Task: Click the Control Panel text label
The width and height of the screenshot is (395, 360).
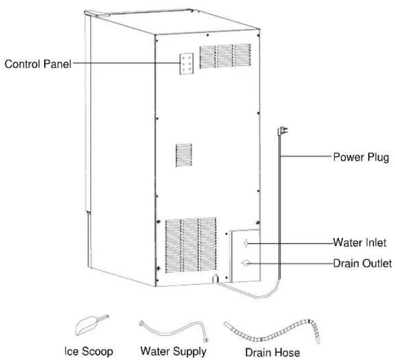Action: pos(38,64)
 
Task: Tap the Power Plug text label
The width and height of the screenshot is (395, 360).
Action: pos(361,157)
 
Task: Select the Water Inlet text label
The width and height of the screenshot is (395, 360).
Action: pos(359,242)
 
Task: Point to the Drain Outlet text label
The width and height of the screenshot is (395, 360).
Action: pos(362,264)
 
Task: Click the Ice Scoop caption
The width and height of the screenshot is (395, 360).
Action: pos(89,351)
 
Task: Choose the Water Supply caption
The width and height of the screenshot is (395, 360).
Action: pos(173,351)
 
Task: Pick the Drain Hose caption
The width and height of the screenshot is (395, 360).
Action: pos(272,352)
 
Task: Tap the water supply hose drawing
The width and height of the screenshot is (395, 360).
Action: pos(174,332)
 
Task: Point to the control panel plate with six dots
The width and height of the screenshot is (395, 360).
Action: pos(186,64)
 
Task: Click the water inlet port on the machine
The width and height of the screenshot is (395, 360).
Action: pos(246,243)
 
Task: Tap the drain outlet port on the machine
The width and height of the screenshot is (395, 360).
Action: pos(246,263)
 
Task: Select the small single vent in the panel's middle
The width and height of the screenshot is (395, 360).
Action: pos(184,155)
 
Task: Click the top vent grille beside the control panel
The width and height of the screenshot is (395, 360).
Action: pos(225,56)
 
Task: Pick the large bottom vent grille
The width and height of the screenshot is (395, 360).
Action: pos(191,245)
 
